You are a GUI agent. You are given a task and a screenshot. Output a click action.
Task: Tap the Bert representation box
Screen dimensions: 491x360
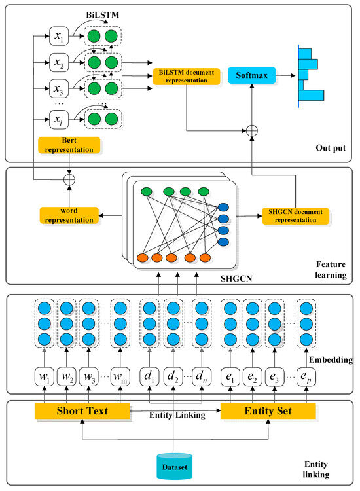pyautogui.click(x=69, y=144)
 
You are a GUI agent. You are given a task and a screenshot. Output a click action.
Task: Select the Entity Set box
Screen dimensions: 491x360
pyautogui.click(x=268, y=411)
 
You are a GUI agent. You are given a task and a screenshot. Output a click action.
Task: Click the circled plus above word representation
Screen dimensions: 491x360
pyautogui.click(x=69, y=177)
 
